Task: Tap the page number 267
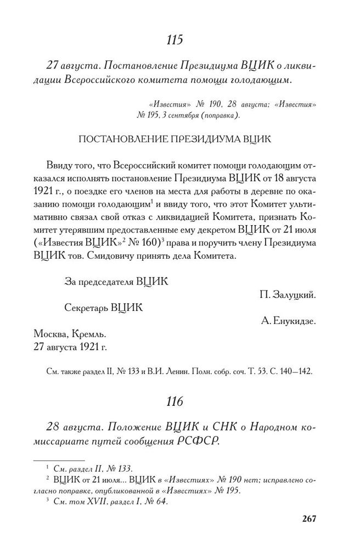(310, 519)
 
